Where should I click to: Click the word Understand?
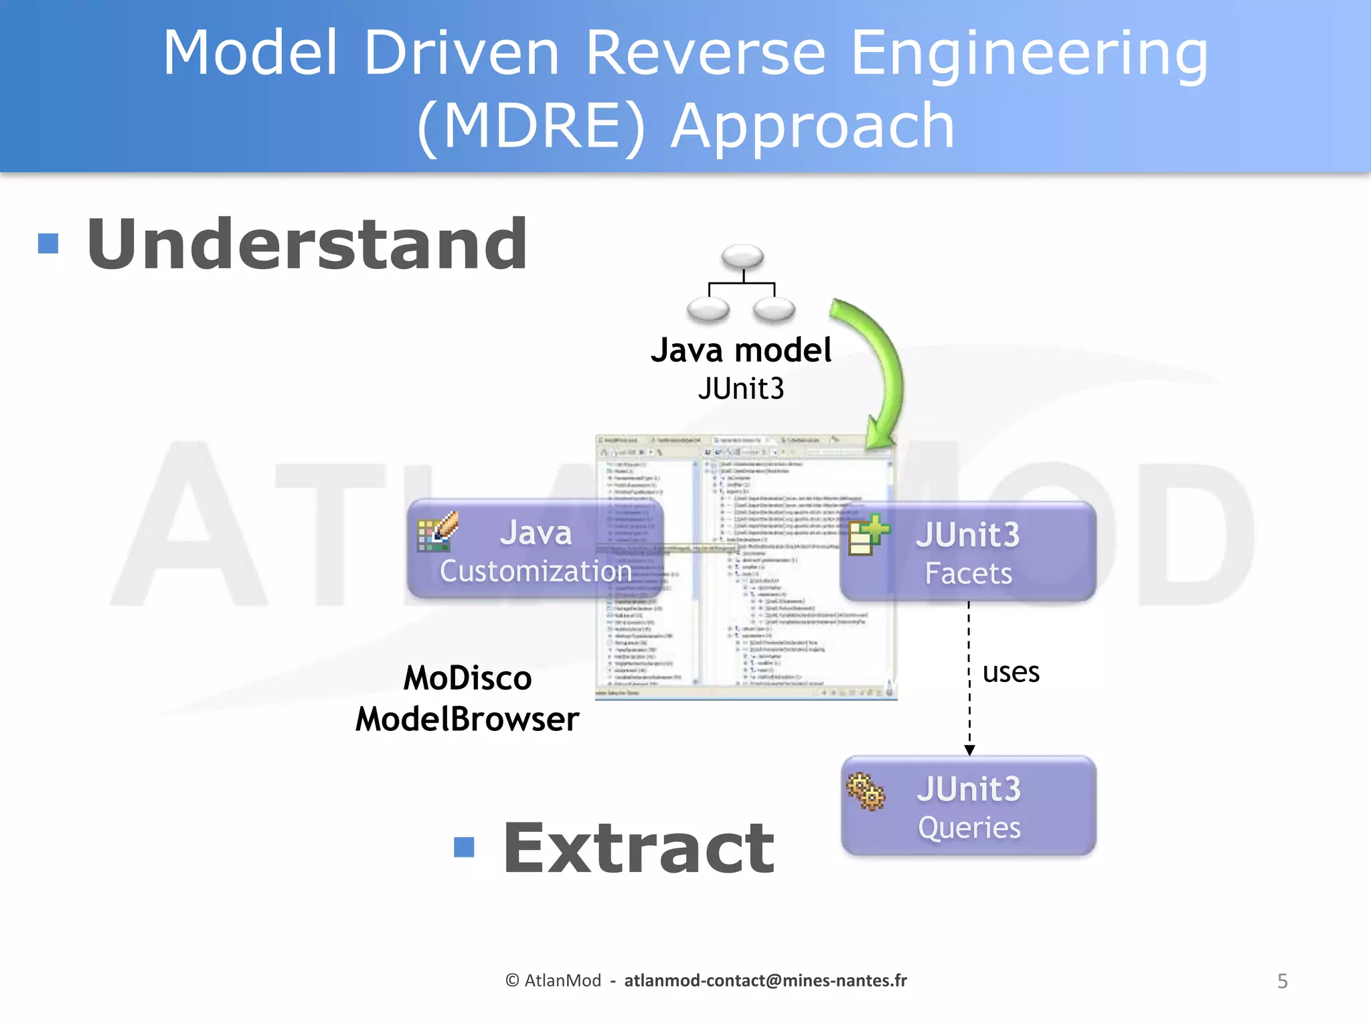[307, 244]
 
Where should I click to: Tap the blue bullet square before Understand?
[48, 244]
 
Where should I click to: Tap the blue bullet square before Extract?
[464, 847]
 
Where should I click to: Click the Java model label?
[741, 350]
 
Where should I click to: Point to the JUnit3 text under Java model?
[741, 389]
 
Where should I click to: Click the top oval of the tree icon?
[742, 256]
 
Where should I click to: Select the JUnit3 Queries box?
[968, 806]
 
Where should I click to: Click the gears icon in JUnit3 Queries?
[866, 792]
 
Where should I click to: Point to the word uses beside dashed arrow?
[1011, 673]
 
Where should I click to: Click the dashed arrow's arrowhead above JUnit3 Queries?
[969, 750]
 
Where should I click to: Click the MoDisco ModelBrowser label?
[467, 699]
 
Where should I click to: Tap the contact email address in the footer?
[765, 980]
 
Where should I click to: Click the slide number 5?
[1282, 981]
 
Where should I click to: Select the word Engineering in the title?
[1029, 54]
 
